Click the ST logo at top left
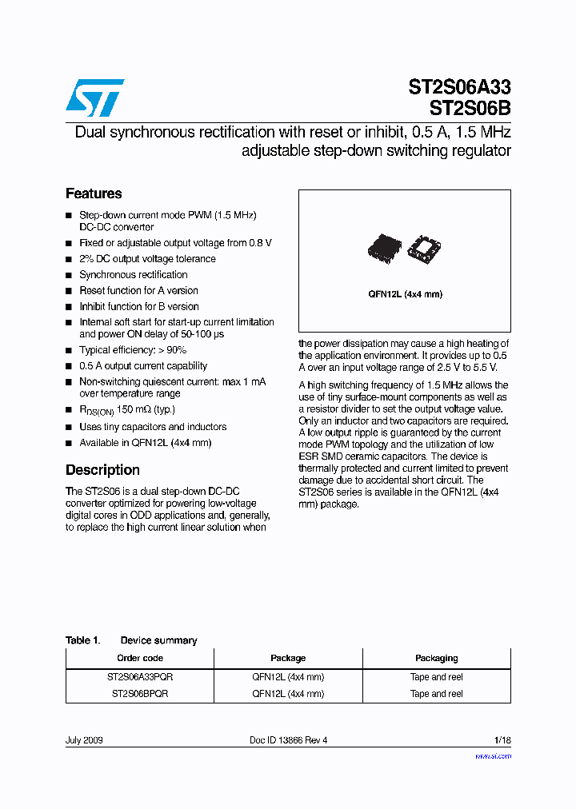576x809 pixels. pyautogui.click(x=94, y=98)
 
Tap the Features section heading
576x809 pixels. pyautogui.click(x=94, y=193)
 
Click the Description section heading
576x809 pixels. pyautogui.click(x=102, y=470)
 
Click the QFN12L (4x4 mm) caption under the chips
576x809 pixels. pyautogui.click(x=405, y=294)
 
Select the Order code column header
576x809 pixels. pyautogui.click(x=140, y=658)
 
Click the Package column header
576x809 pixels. pyautogui.click(x=288, y=658)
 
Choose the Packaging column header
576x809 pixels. pyautogui.click(x=436, y=658)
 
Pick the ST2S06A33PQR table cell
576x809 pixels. pyautogui.click(x=140, y=676)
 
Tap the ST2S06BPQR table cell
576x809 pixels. pyautogui.click(x=140, y=694)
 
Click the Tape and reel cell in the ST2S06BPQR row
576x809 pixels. pyautogui.click(x=436, y=694)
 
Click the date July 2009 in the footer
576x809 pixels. pyautogui.click(x=84, y=740)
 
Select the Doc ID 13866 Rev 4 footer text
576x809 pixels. pyautogui.click(x=288, y=740)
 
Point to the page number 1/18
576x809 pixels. pyautogui.click(x=502, y=740)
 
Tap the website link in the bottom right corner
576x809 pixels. pyautogui.click(x=493, y=755)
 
